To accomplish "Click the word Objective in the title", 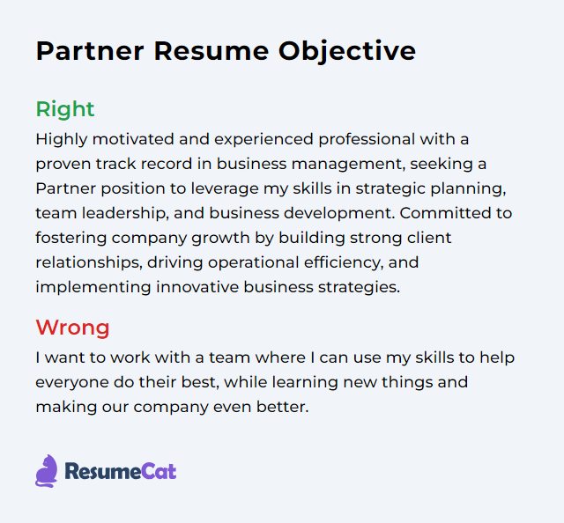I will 347,51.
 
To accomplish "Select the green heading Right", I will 64,109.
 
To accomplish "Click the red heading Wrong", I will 72,328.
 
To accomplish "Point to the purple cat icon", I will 47,471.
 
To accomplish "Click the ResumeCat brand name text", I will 120,472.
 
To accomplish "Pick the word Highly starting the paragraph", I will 60,139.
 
